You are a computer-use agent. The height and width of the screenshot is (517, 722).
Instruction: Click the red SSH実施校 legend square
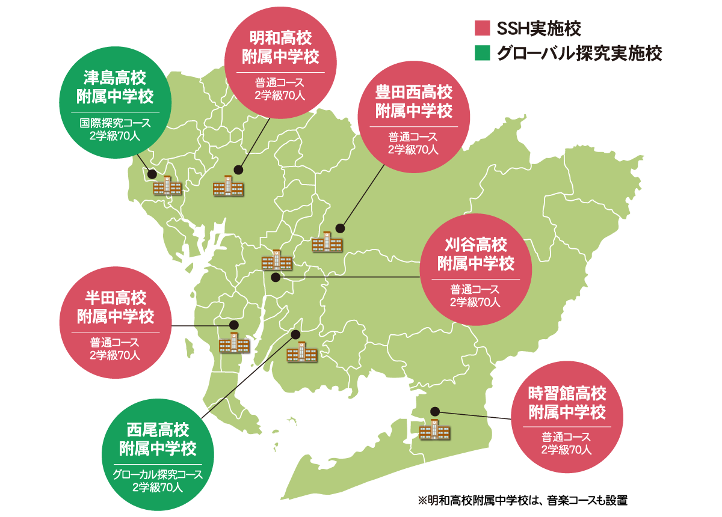point(483,28)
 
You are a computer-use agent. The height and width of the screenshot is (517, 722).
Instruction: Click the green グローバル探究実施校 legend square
point(483,54)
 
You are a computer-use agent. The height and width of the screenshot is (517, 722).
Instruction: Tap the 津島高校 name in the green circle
point(115,78)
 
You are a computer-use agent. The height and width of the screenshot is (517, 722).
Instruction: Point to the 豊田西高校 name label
point(414,93)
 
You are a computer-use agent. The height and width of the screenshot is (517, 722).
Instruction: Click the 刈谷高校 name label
point(476,245)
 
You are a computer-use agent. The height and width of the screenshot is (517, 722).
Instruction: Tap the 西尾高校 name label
point(158,430)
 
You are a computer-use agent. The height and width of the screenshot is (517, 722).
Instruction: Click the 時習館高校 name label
point(567,394)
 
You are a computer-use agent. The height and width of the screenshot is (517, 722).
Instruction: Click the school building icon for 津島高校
point(167,186)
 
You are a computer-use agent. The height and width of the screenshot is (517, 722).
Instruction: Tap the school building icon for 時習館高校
point(434,430)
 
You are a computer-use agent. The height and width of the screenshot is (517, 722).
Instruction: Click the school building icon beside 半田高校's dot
point(233,343)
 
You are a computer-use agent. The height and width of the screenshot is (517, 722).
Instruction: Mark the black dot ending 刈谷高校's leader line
point(276,277)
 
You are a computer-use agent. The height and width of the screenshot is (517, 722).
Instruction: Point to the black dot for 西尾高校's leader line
point(295,334)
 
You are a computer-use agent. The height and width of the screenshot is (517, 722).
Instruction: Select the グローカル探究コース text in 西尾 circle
point(158,475)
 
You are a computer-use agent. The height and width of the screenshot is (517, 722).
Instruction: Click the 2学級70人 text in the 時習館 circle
point(567,449)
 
